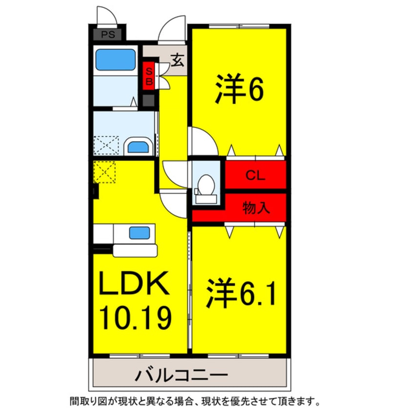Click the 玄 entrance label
pos(177,61)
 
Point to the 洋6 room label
pos(240,90)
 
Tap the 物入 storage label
pos(256,208)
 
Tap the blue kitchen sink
pos(139,233)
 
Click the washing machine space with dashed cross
pos(106,145)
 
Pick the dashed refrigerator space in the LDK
pos(104,172)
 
